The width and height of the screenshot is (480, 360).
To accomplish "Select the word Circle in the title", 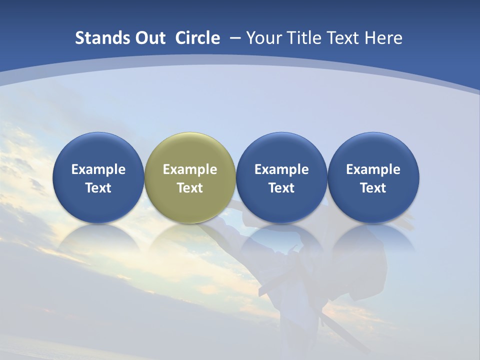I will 197,38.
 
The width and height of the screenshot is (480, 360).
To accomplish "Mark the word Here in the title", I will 383,38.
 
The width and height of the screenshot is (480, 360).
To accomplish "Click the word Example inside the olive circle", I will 190,169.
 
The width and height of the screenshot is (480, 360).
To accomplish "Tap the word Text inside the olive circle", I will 190,188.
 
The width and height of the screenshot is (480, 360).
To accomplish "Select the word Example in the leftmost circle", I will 98,169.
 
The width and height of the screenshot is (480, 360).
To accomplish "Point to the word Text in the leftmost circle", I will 98,188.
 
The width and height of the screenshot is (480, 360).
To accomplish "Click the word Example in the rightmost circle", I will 373,169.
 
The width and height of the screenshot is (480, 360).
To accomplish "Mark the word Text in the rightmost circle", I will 373,188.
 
